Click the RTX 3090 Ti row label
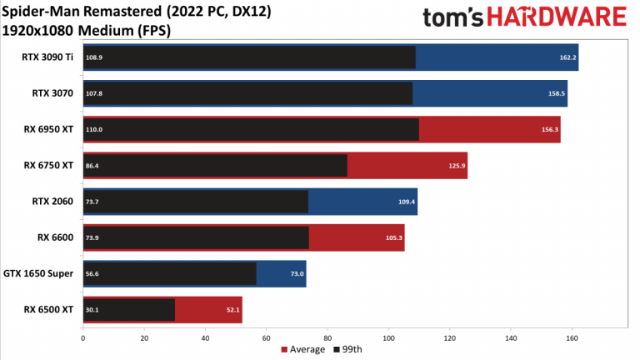tap(47, 57)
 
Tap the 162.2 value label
tap(567, 57)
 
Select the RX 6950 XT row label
tap(48, 129)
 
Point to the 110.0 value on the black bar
tap(94, 129)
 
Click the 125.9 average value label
tap(457, 166)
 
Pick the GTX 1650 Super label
tap(38, 273)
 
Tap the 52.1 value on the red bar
tap(233, 310)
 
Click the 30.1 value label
tap(92, 310)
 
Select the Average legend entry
tap(303, 349)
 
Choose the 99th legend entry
tap(347, 349)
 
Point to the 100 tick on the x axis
tap(388, 338)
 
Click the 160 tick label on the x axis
tap(572, 338)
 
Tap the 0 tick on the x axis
tap(83, 338)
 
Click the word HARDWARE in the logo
tap(557, 17)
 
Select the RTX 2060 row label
tap(52, 201)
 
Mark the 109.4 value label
tap(407, 202)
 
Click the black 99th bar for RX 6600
tap(196, 237)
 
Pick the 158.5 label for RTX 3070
tap(557, 93)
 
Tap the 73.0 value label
tap(297, 274)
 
